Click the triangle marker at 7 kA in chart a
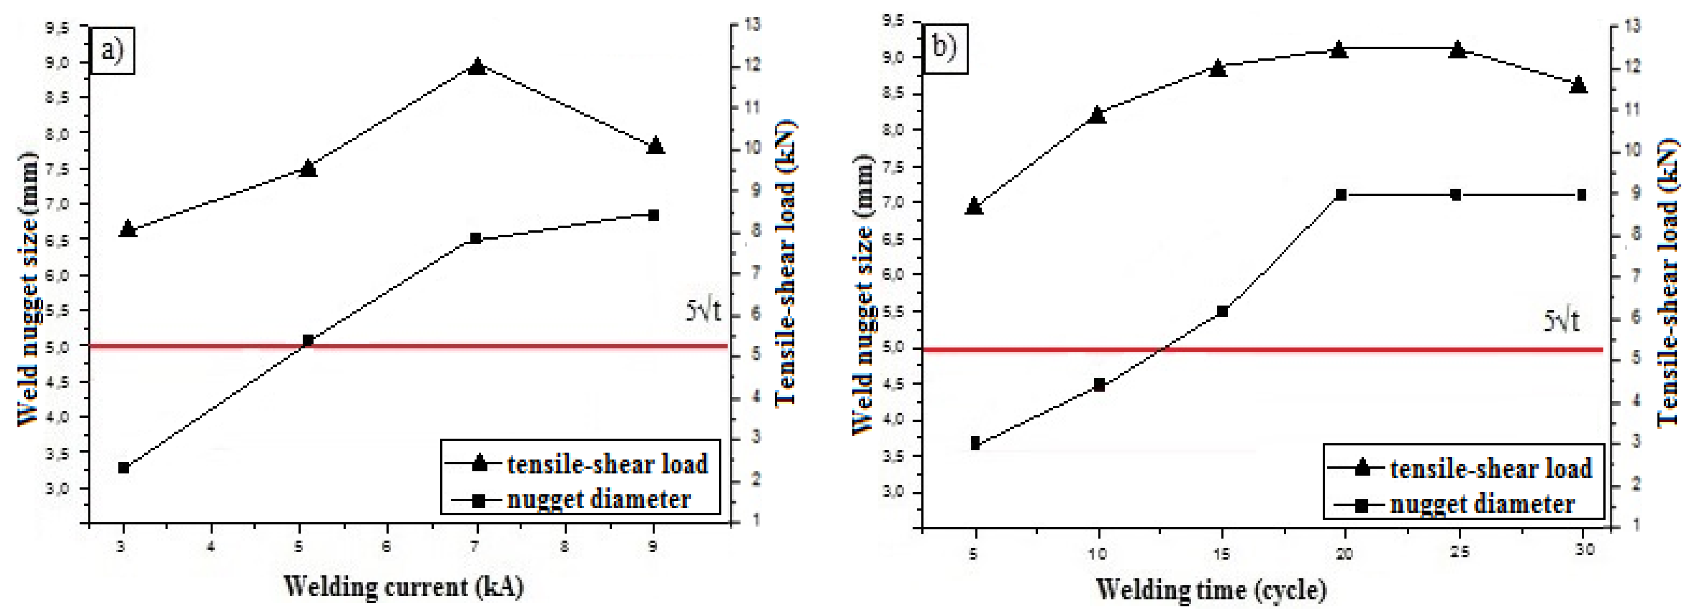coord(477,67)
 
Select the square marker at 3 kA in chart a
coord(123,468)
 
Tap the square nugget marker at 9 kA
coord(653,215)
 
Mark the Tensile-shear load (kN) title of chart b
coord(1668,282)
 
